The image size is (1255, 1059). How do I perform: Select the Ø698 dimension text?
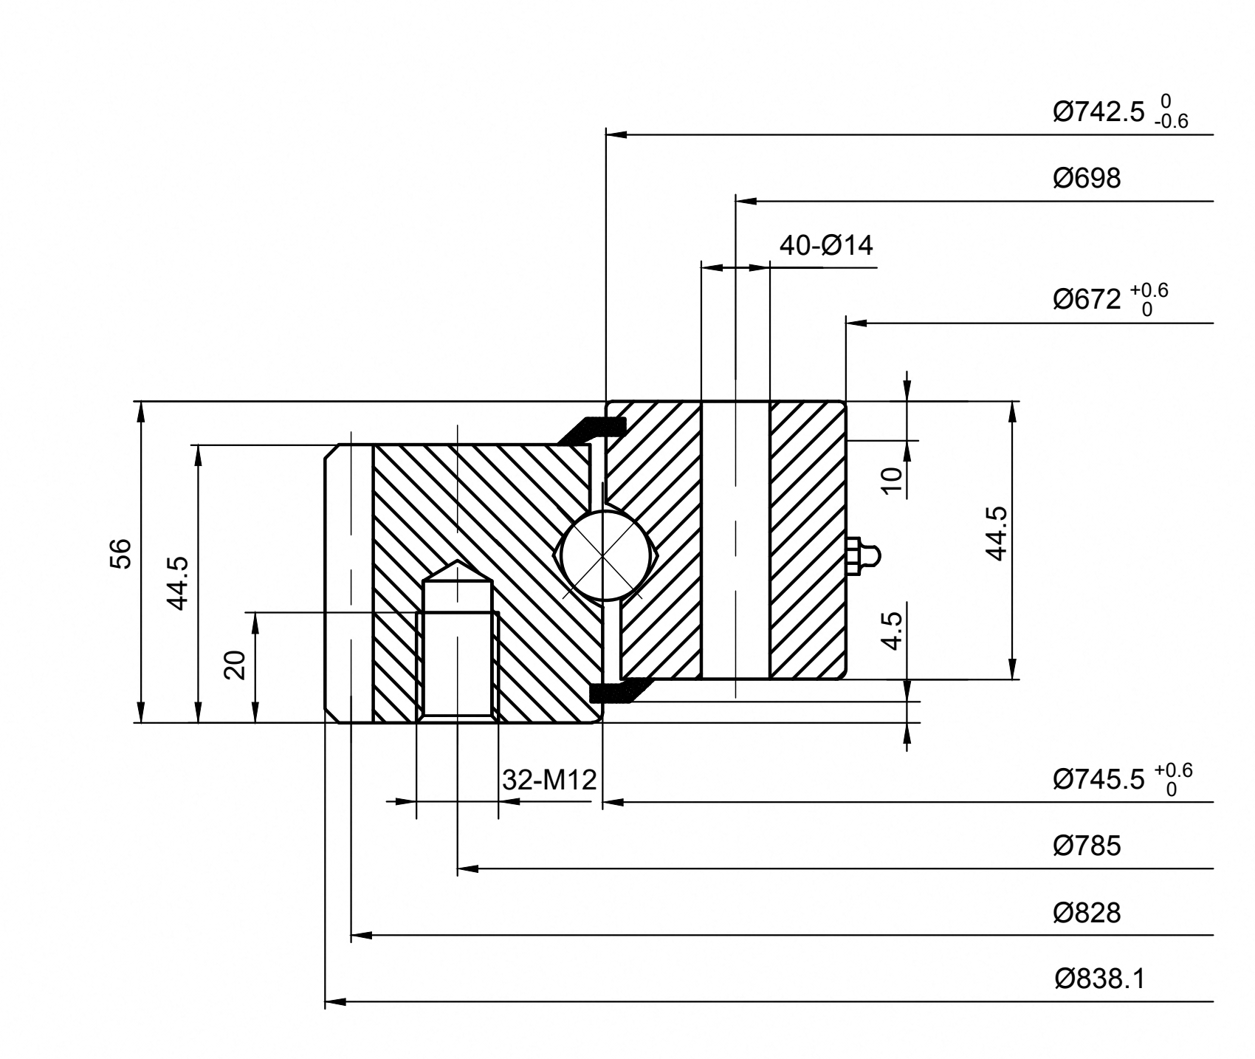pyautogui.click(x=1087, y=178)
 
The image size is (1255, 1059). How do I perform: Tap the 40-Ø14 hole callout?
pyautogui.click(x=826, y=245)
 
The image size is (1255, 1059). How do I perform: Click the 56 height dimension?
pyautogui.click(x=120, y=553)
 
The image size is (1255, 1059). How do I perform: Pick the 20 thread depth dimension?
pyautogui.click(x=235, y=665)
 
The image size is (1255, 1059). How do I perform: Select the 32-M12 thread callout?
pyautogui.click(x=549, y=779)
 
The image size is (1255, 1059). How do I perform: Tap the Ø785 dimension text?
pyautogui.click(x=1087, y=846)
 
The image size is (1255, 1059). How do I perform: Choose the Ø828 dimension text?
pyautogui.click(x=1087, y=914)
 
